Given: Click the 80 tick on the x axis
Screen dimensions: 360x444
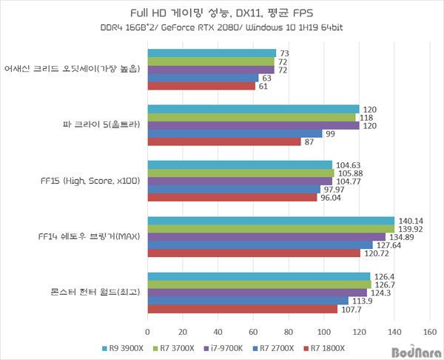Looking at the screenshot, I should (x=289, y=331).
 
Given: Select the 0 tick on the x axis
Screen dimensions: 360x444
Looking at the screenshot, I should (x=148, y=331).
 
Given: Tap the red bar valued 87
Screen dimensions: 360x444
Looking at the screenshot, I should (x=224, y=141).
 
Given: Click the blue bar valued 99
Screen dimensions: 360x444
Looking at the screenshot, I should (x=235, y=133).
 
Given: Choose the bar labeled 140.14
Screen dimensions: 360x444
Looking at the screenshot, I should (x=271, y=221).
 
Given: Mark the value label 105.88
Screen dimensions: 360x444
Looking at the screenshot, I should (x=349, y=173).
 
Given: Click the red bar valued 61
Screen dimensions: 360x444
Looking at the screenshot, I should (x=201, y=86).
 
